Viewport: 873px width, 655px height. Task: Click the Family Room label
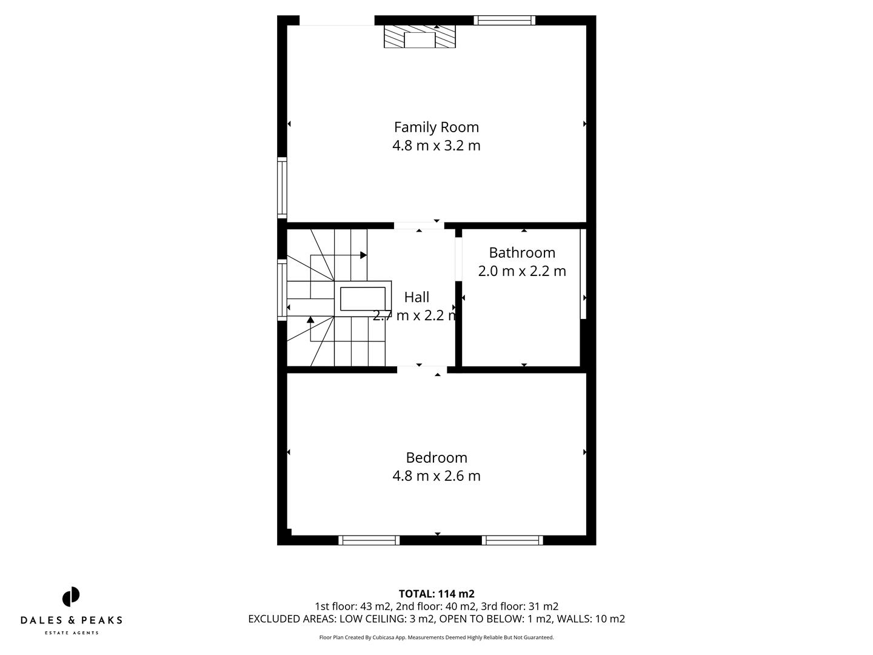tap(436, 127)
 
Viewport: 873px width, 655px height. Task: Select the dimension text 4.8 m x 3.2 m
tap(436, 146)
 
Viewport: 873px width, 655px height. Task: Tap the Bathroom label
tap(521, 253)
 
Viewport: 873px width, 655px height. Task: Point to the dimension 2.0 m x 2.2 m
tap(521, 271)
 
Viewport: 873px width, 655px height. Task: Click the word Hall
tap(416, 297)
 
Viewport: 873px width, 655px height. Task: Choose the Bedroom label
tap(436, 458)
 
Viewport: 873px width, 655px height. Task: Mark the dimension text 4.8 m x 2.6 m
tap(436, 476)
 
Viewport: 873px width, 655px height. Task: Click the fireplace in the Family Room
tap(420, 37)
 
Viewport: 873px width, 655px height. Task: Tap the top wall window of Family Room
tap(504, 20)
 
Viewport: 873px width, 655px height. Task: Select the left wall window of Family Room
tap(282, 187)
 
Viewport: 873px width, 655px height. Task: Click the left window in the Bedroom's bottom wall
tap(369, 540)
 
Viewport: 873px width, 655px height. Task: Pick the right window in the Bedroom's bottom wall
tap(512, 540)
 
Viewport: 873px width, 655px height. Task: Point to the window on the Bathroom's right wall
tap(583, 271)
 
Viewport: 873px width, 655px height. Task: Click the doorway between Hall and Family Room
tap(419, 226)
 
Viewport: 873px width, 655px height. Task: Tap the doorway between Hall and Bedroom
tap(421, 369)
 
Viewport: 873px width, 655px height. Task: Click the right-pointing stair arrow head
tap(364, 255)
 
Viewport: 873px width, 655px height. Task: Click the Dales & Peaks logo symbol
tap(71, 597)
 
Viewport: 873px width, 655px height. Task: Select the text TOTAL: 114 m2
tap(436, 594)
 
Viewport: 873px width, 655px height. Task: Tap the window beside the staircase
tap(282, 289)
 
